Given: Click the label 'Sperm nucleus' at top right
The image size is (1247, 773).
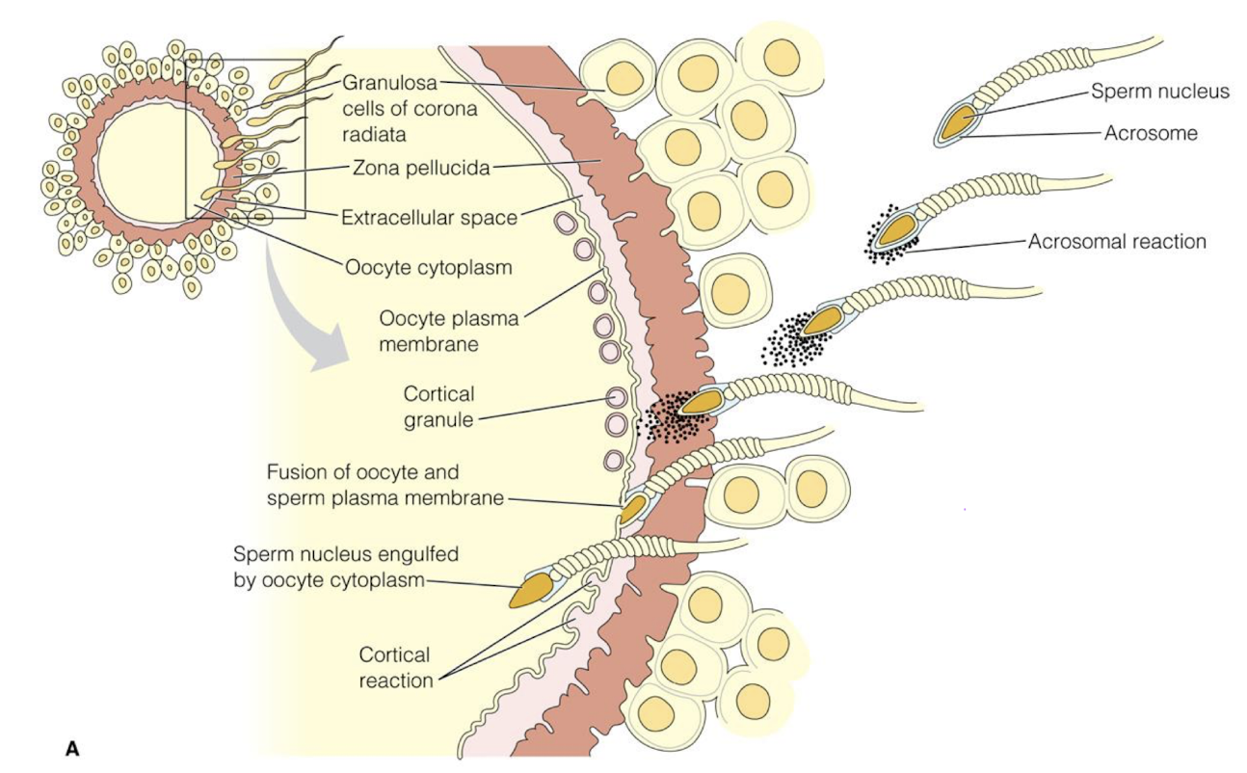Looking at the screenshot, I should [x=1160, y=93].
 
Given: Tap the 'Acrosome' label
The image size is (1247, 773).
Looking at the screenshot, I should [x=1151, y=134].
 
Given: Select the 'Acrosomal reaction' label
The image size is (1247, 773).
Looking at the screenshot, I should [x=1116, y=242].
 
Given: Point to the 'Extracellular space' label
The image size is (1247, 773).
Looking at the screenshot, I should [x=429, y=217].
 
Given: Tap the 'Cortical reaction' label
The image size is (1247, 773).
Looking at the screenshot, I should [x=396, y=667].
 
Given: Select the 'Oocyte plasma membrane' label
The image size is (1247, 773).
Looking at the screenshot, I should [x=449, y=330].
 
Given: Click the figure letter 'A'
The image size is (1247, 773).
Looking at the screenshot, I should [x=71, y=746].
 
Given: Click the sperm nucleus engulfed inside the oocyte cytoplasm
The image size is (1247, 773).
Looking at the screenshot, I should [x=533, y=590].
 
